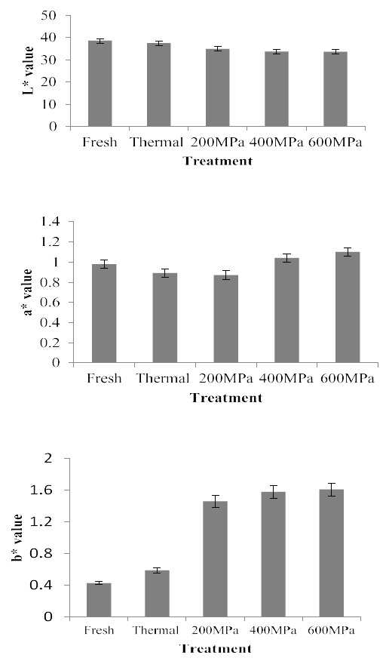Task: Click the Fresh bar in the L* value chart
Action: pos(100,84)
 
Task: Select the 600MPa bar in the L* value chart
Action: pos(335,89)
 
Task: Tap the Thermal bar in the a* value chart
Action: pos(164,318)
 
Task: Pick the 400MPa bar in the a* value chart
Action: pos(286,310)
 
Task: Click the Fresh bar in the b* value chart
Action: pos(99,601)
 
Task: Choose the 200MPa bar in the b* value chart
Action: pos(215,559)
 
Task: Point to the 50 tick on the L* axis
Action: pos(55,16)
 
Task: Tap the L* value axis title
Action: pos(29,70)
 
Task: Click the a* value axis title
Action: pos(27,292)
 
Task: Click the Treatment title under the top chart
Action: pos(218,161)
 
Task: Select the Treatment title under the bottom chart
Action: pos(216,648)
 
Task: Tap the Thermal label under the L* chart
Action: pos(157,143)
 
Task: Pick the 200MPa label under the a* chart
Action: pos(225,379)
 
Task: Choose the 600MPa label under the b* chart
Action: pos(330,630)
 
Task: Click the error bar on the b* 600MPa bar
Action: pos(331,490)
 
